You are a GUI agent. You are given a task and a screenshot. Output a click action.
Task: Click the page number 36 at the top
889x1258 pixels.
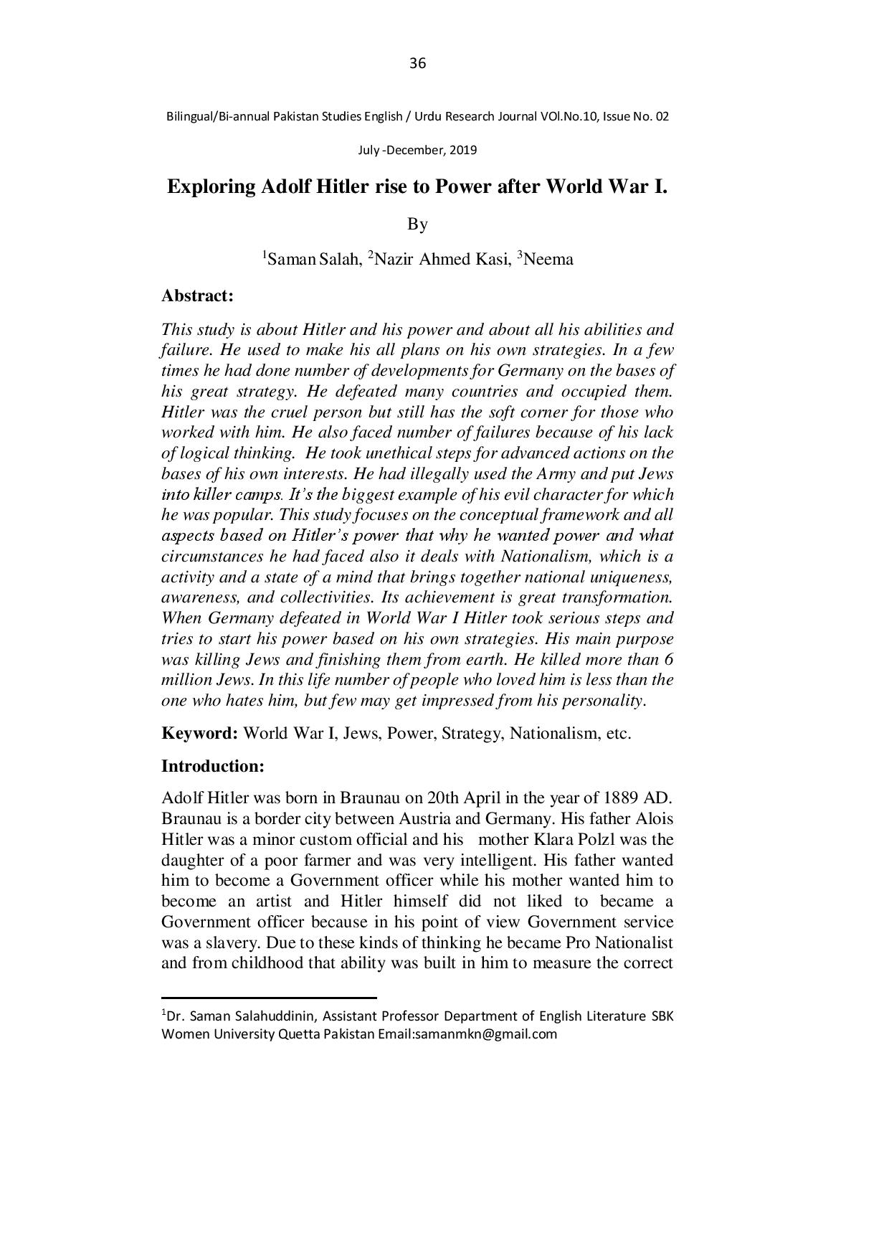[x=417, y=64]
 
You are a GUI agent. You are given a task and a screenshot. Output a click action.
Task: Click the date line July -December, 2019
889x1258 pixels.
[x=417, y=151]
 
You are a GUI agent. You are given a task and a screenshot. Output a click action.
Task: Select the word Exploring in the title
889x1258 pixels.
[x=211, y=187]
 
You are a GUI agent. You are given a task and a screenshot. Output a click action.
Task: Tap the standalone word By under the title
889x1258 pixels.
[x=417, y=224]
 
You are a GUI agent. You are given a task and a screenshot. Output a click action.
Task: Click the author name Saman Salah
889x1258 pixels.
[x=312, y=260]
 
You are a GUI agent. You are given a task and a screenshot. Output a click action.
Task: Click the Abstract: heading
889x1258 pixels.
[x=198, y=295]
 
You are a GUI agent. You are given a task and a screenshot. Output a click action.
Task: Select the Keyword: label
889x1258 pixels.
[x=199, y=734]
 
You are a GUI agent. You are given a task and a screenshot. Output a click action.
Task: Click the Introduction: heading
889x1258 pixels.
[x=213, y=766]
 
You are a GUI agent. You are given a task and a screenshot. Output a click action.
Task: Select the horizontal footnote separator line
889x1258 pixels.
[x=269, y=997]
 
